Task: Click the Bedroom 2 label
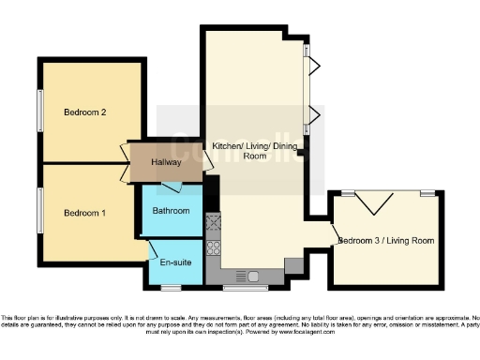coord(84,112)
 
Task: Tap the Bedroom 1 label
coord(84,213)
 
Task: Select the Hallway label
coord(166,163)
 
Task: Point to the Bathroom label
coord(170,210)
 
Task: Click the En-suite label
coord(176,262)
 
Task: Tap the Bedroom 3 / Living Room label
coord(387,241)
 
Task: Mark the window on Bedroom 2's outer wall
coord(39,112)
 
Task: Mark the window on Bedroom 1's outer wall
coord(39,212)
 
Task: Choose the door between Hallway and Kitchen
coord(207,161)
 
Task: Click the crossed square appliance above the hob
coord(213,224)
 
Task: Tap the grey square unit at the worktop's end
coord(293,267)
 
